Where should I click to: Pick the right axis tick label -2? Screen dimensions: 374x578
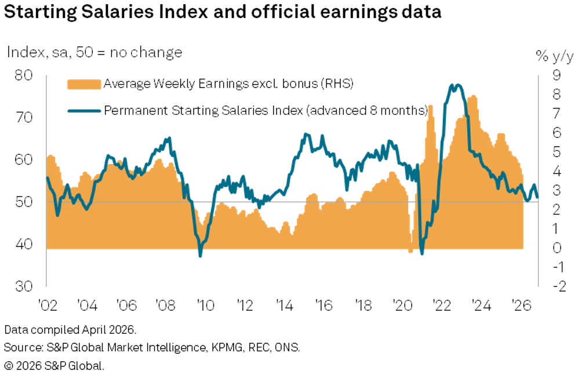pyautogui.click(x=554, y=286)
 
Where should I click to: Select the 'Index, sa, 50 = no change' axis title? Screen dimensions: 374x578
pyautogui.click(x=94, y=52)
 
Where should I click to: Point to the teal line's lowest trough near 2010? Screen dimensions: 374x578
pyautogui.click(x=201, y=255)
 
